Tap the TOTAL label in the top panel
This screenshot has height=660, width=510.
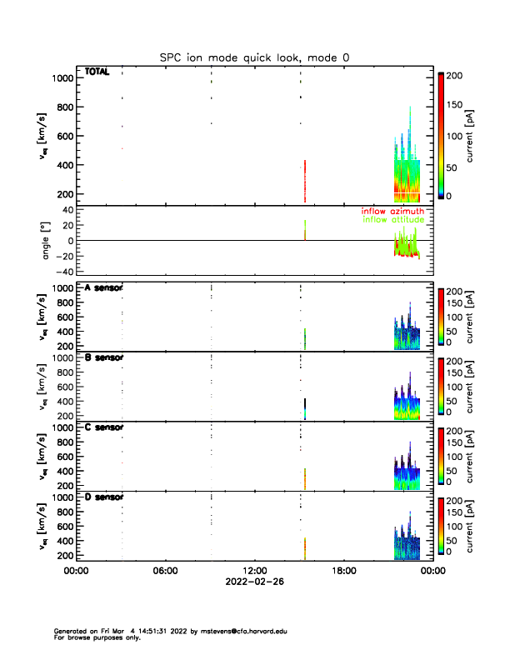[x=97, y=72]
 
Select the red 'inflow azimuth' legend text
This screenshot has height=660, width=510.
[x=392, y=212]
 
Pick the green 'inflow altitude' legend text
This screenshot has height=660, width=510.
[x=392, y=220]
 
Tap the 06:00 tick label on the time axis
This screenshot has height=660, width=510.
[x=165, y=571]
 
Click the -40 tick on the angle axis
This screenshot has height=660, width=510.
[x=62, y=272]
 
